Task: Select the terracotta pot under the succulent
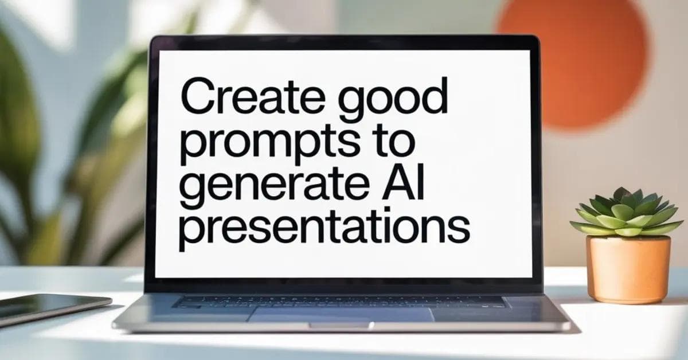point(628,269)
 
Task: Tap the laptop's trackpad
point(342,314)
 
